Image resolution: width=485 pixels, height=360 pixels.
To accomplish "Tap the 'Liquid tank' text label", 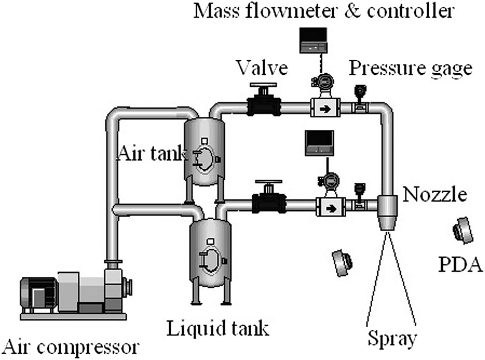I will click(218, 329).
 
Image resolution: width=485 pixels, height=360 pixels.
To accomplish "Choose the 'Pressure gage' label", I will click(410, 68).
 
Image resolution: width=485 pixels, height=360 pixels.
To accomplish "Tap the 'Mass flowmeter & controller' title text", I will click(323, 11).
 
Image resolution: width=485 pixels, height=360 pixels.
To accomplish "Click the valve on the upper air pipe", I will click(264, 103).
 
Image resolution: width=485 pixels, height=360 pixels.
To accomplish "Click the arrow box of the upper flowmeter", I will click(325, 108).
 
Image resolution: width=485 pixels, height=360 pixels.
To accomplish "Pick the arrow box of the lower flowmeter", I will click(330, 206).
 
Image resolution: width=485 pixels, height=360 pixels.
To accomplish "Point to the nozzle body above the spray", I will click(387, 212).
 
